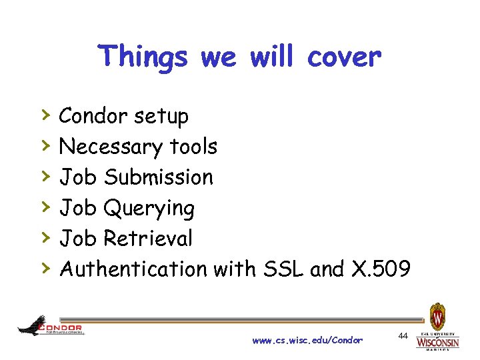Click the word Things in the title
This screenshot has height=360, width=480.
tap(143, 57)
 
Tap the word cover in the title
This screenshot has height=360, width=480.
tap(344, 57)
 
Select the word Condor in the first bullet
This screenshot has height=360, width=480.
tap(93, 116)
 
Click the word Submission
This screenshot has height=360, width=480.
tap(159, 177)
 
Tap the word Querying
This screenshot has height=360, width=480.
tap(149, 209)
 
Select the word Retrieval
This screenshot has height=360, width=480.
tap(148, 238)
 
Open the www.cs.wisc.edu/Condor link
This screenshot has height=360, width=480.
tap(307, 341)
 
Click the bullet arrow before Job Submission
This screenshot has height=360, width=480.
tap(46, 176)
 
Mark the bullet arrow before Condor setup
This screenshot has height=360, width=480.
tap(46, 115)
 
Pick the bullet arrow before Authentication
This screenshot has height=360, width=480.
tap(46, 268)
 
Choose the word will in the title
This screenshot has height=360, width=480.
tap(271, 57)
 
